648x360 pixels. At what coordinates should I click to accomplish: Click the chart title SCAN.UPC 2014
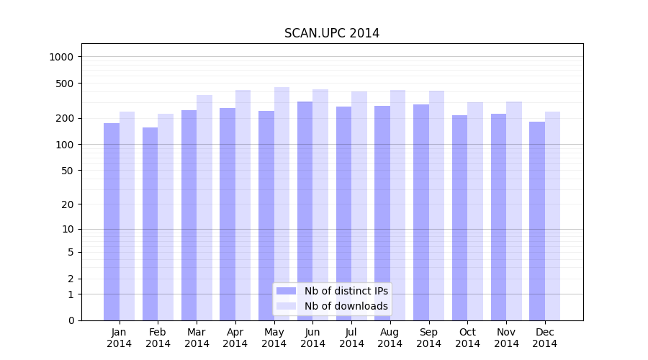coord(331,33)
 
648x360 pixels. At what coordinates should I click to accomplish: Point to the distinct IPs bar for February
coord(150,224)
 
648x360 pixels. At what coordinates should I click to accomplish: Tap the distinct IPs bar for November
coord(498,217)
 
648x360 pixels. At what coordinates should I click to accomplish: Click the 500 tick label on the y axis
coord(66,84)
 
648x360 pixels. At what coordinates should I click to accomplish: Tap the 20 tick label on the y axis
coord(68,204)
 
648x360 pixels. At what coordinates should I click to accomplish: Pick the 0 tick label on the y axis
coord(71,320)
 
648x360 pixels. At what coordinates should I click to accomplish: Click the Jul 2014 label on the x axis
coord(351,338)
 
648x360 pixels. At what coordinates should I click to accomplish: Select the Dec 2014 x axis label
coord(544,338)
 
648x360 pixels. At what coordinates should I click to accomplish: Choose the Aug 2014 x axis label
coord(390,338)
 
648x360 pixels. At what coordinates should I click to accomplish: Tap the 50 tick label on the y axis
coord(68,171)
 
